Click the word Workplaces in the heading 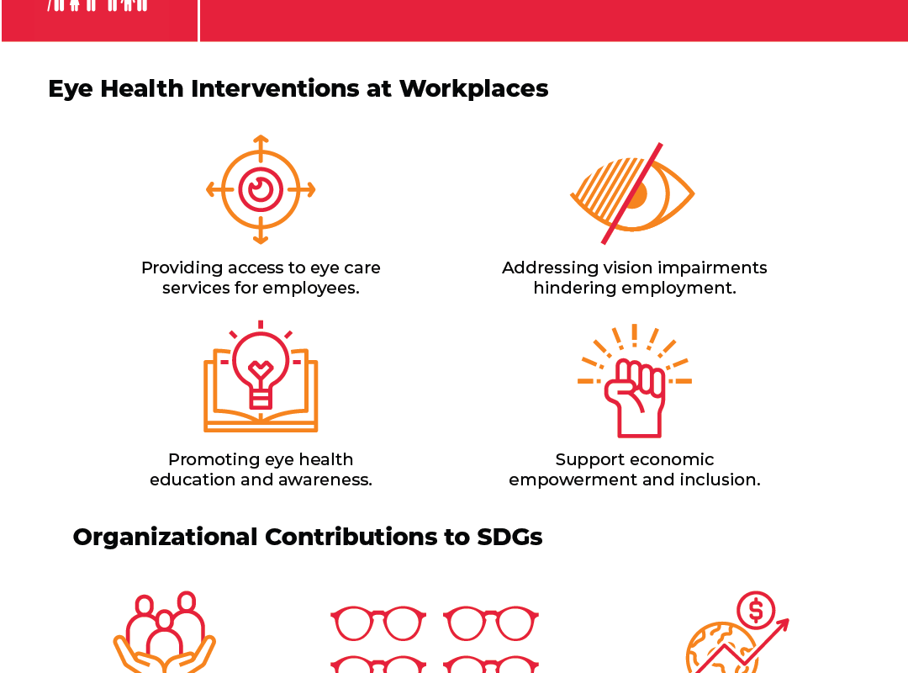pyautogui.click(x=473, y=88)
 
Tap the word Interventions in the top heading pyautogui.click(x=275, y=88)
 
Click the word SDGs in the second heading pyautogui.click(x=509, y=537)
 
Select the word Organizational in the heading pyautogui.click(x=165, y=538)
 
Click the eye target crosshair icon pyautogui.click(x=261, y=189)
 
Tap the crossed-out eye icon pyautogui.click(x=632, y=193)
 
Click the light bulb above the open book pyautogui.click(x=261, y=365)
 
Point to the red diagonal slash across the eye pyautogui.click(x=631, y=193)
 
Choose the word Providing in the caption pyautogui.click(x=182, y=268)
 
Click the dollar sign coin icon pyautogui.click(x=756, y=611)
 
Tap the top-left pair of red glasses pyautogui.click(x=378, y=623)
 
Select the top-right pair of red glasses pyautogui.click(x=491, y=623)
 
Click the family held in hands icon pyautogui.click(x=165, y=632)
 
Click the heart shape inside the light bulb pyautogui.click(x=261, y=368)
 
